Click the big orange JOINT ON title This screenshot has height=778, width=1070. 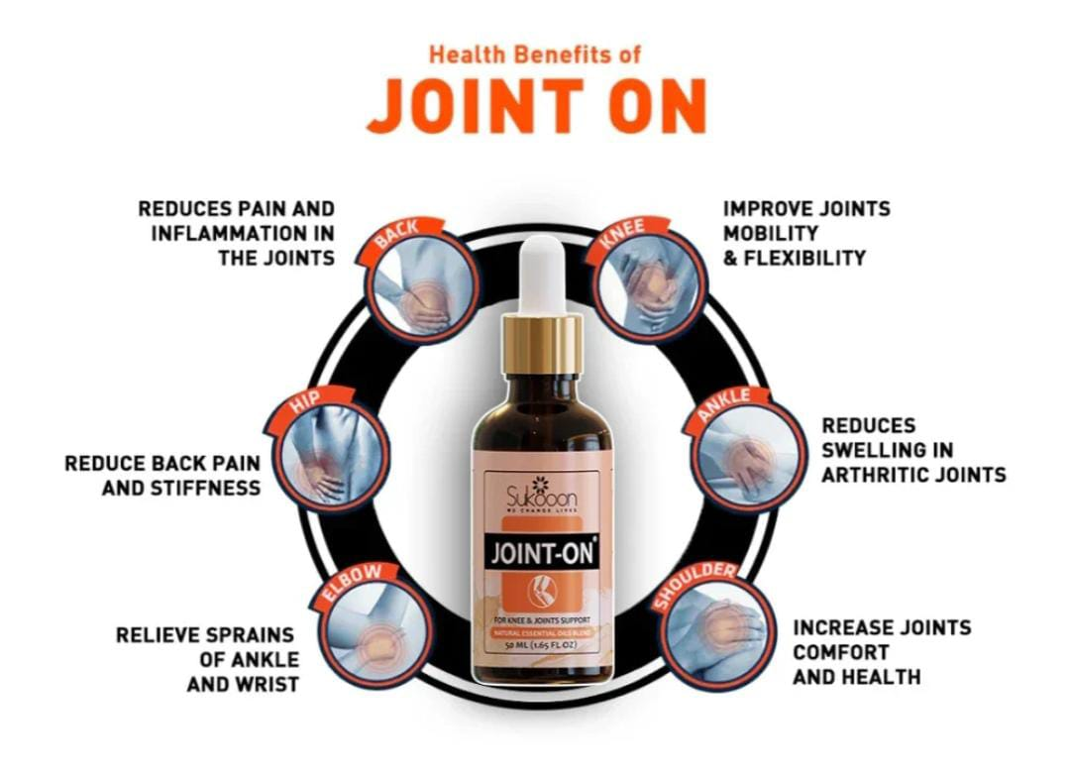535,105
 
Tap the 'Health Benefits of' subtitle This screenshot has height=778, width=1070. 534,54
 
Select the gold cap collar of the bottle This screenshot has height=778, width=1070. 542,343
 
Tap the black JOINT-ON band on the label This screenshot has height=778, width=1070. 542,551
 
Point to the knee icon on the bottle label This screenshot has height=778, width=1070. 542,592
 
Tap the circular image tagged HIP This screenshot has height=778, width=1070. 331,455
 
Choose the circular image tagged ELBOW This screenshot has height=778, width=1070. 373,628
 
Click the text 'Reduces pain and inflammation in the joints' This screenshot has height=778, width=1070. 238,233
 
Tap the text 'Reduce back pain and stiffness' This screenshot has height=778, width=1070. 162,475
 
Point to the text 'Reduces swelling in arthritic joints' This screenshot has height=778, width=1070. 912,450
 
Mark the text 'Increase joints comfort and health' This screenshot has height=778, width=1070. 881,652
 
